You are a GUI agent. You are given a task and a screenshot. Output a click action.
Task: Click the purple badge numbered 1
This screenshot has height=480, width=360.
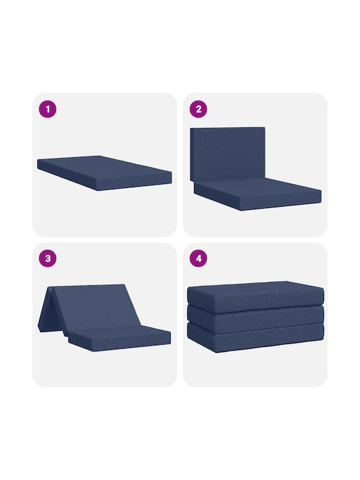(47, 109)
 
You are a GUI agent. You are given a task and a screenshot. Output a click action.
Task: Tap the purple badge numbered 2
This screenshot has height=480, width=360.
(199, 109)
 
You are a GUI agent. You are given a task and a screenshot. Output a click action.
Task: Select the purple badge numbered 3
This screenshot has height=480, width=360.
(47, 259)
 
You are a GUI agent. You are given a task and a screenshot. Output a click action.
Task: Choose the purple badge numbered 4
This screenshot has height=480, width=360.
(199, 259)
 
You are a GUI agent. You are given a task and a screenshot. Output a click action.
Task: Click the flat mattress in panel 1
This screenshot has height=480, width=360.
(105, 173)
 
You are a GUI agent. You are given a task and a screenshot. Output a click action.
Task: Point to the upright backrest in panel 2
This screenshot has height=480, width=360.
(227, 154)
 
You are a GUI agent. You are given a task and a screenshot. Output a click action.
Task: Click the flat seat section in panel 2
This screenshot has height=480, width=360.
(258, 194)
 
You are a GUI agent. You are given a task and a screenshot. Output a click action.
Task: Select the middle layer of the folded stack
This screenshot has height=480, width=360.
(255, 320)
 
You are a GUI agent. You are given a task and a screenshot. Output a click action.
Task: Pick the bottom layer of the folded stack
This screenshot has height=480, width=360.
(255, 338)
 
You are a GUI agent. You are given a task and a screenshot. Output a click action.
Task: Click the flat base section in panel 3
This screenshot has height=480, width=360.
(119, 338)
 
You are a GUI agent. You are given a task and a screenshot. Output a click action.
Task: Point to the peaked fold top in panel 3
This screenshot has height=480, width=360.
(51, 287)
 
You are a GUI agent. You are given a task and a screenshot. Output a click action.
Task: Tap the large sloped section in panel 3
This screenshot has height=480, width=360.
(95, 307)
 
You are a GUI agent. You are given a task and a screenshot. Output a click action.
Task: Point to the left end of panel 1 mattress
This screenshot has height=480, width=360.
(38, 164)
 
